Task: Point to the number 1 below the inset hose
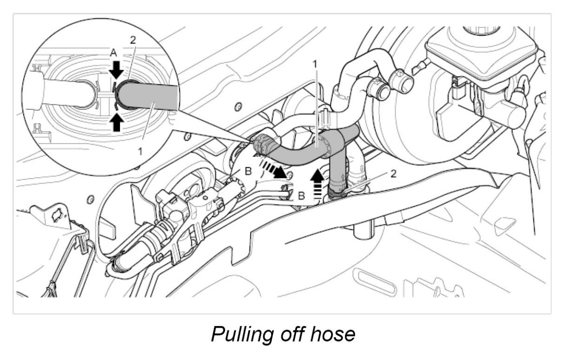140,151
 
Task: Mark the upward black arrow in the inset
116,122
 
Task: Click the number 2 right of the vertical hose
393,173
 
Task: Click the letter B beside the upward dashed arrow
301,196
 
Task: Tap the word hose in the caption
334,334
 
